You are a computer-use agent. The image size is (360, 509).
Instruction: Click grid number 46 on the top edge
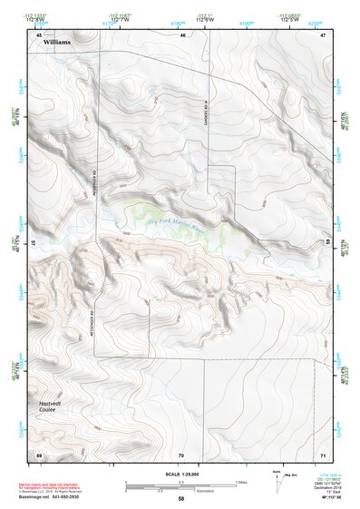pos(182,34)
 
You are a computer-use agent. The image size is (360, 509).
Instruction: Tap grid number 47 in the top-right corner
pos(322,34)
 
